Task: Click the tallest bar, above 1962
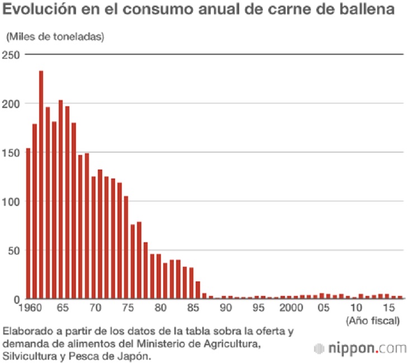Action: click(x=41, y=185)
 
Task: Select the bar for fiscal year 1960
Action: click(x=29, y=224)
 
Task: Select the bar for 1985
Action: click(x=191, y=283)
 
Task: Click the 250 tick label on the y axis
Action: click(x=11, y=55)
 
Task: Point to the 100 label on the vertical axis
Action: click(x=11, y=201)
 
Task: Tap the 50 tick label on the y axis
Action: click(x=13, y=250)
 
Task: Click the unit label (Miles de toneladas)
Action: click(x=55, y=37)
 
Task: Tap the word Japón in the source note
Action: click(x=137, y=355)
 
